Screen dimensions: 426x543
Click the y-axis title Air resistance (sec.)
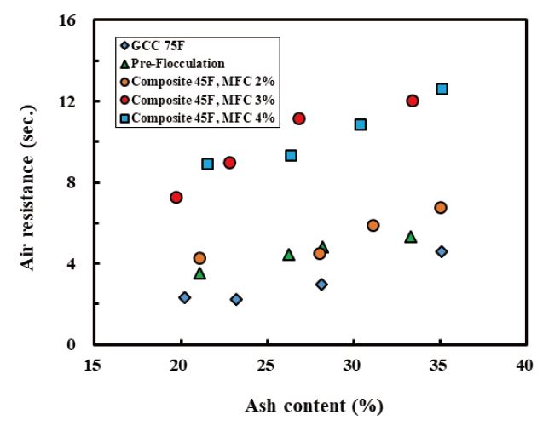point(29,182)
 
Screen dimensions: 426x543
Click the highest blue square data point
point(442,89)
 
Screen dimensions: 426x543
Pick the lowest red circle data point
point(176,197)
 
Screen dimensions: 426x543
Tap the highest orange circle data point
point(440,208)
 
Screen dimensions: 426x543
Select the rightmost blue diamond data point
point(441,251)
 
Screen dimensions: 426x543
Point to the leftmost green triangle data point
point(199,273)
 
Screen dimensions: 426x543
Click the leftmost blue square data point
point(207,164)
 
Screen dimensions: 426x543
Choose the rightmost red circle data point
point(413,101)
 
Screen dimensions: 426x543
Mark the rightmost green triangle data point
point(410,237)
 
